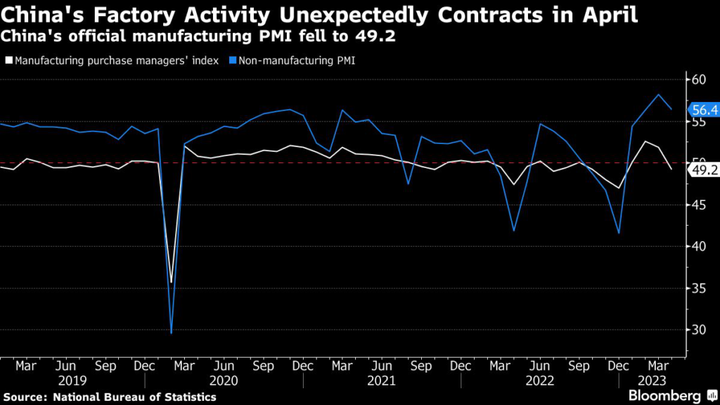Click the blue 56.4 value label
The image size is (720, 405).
coord(704,110)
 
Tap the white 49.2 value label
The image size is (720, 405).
coord(704,169)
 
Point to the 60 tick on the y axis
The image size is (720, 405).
coord(699,79)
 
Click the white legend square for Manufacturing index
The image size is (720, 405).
coord(8,61)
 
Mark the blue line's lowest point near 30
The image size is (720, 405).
coord(171,333)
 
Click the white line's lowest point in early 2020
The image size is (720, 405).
coord(171,282)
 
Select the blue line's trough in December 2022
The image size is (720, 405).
coord(619,233)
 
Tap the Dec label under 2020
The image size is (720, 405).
coord(303,366)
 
